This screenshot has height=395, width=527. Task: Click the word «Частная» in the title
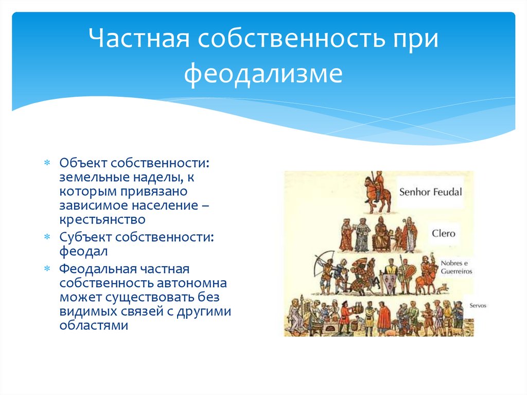(x=139, y=38)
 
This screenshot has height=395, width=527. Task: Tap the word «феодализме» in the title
(x=263, y=73)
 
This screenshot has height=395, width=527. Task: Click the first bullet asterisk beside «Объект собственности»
(x=47, y=163)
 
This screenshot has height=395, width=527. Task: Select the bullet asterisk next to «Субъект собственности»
(x=47, y=237)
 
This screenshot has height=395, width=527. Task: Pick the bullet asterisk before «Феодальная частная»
(x=47, y=269)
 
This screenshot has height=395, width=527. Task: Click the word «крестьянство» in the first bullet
(x=102, y=220)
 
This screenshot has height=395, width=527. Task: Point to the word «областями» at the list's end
(x=94, y=325)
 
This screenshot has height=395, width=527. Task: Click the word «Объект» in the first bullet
(x=83, y=163)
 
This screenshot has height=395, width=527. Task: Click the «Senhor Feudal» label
(x=431, y=192)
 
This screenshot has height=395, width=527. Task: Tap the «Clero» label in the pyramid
(x=444, y=233)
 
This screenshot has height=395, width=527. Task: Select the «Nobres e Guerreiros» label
(x=456, y=267)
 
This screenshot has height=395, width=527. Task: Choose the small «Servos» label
(x=478, y=305)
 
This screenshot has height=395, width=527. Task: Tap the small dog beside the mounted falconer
(x=442, y=288)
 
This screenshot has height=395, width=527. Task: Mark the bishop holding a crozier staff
(x=410, y=235)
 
